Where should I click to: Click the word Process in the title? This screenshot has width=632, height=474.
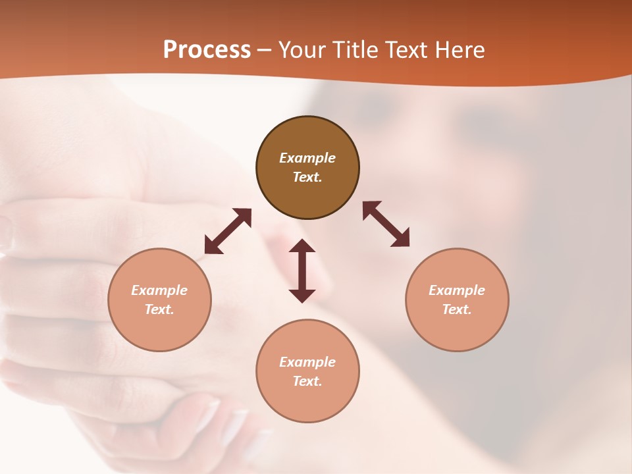point(207,50)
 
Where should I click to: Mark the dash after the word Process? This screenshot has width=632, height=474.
point(264,51)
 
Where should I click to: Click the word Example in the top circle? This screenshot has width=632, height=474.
point(307,158)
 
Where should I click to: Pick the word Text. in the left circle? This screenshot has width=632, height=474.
point(159,309)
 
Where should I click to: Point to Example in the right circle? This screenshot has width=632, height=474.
point(457,290)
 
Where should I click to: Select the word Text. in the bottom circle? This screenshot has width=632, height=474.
point(307,381)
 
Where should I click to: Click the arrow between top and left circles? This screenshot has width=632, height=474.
point(228,230)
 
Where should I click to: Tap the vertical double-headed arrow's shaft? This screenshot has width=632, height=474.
point(302,271)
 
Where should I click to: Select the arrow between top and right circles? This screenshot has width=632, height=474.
point(386,224)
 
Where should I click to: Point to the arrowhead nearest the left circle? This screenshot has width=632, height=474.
point(212,246)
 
